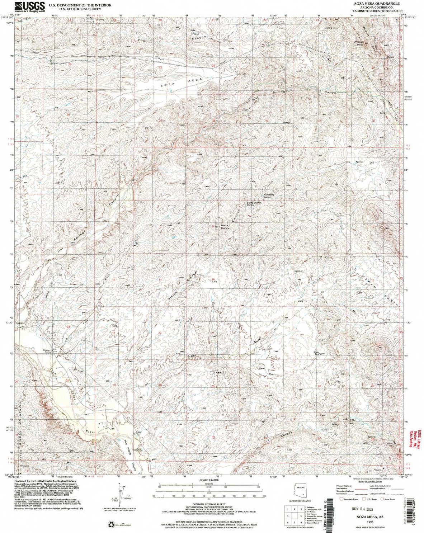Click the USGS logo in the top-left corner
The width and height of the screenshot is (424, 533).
(x=30, y=6)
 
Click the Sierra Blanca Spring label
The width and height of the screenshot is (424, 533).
(x=254, y=204)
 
